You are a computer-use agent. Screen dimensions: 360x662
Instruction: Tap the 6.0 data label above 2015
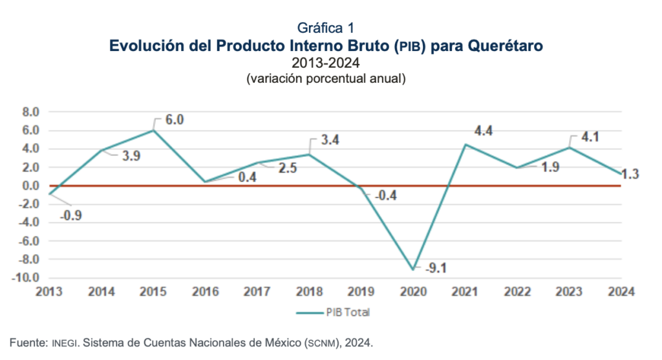(x=175, y=120)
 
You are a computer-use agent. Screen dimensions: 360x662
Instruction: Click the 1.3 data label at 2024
(x=631, y=174)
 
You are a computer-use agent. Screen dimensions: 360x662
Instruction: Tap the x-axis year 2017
(x=257, y=291)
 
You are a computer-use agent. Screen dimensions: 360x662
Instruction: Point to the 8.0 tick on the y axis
(x=30, y=112)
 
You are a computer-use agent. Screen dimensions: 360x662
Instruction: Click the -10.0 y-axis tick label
(x=27, y=279)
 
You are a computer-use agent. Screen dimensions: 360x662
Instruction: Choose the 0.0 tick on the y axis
(x=30, y=186)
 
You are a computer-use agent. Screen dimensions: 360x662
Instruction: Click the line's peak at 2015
(x=153, y=130)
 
